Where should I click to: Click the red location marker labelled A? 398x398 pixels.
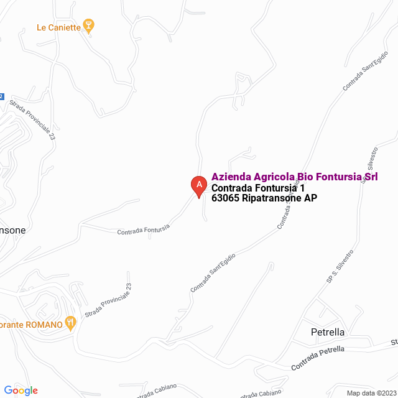pyautogui.click(x=198, y=185)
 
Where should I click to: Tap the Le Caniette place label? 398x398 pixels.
pyautogui.click(x=59, y=27)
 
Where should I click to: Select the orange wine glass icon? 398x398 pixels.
pyautogui.click(x=90, y=26)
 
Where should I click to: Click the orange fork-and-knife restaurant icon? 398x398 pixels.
pyautogui.click(x=70, y=323)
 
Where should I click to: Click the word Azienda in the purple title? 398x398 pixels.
pyautogui.click(x=231, y=177)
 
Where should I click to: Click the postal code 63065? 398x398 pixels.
pyautogui.click(x=225, y=199)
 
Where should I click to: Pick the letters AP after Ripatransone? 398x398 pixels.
pyautogui.click(x=310, y=199)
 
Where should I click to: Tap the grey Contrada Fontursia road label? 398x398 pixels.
pyautogui.click(x=143, y=229)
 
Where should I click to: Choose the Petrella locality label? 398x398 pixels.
pyautogui.click(x=328, y=332)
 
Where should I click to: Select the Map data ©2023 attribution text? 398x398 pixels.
pyautogui.click(x=371, y=393)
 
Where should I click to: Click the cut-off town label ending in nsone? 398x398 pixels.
pyautogui.click(x=13, y=229)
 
